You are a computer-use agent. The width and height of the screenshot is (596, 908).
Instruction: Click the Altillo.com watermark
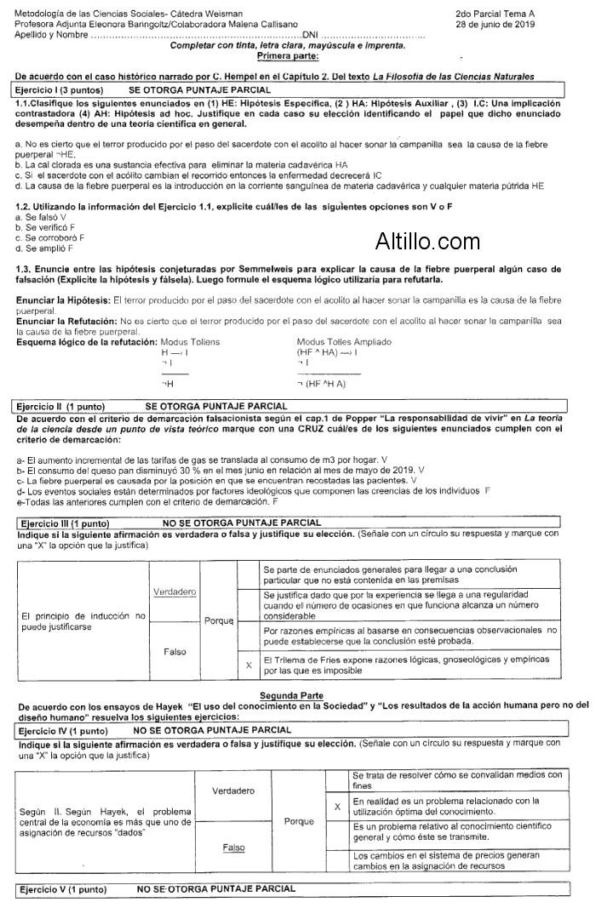(x=427, y=242)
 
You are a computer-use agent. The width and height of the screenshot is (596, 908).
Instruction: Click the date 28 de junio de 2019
(x=494, y=24)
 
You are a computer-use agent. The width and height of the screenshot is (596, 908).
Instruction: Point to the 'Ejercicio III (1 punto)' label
(x=65, y=522)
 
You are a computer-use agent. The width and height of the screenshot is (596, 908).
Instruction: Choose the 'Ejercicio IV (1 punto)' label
(x=63, y=729)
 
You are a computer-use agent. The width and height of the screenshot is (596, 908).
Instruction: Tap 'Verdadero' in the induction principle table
(x=175, y=591)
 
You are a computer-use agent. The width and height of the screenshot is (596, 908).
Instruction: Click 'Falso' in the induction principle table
(x=175, y=651)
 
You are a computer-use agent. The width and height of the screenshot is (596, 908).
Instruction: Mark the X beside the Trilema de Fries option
(x=248, y=665)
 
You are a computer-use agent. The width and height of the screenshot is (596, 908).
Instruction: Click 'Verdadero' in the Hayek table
(x=233, y=791)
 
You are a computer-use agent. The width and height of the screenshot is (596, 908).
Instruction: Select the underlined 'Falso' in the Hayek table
(x=233, y=848)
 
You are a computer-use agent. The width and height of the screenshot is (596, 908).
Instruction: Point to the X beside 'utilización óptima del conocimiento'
(x=337, y=805)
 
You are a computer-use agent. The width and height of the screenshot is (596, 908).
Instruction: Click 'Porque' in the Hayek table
(x=298, y=821)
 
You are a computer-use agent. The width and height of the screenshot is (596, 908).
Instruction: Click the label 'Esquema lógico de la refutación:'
(x=86, y=341)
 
